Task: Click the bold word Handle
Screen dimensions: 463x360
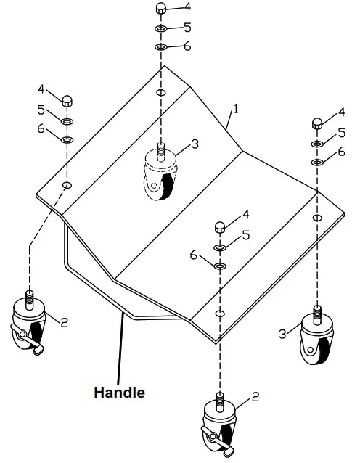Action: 119,393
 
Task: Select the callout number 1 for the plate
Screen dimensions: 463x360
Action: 236,109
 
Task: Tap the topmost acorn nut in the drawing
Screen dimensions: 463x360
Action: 161,9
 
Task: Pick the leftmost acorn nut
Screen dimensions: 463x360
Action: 67,100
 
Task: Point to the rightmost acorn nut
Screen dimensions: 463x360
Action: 317,122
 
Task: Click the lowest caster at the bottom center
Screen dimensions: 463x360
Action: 218,429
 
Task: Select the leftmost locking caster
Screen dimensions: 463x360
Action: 30,324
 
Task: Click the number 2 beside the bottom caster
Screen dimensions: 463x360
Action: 255,396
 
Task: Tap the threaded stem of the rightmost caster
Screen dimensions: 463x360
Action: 317,313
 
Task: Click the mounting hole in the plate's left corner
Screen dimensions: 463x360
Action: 67,186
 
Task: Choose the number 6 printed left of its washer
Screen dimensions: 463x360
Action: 194,255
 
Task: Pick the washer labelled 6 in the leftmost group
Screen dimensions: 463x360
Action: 67,139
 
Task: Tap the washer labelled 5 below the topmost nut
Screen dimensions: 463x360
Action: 161,29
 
